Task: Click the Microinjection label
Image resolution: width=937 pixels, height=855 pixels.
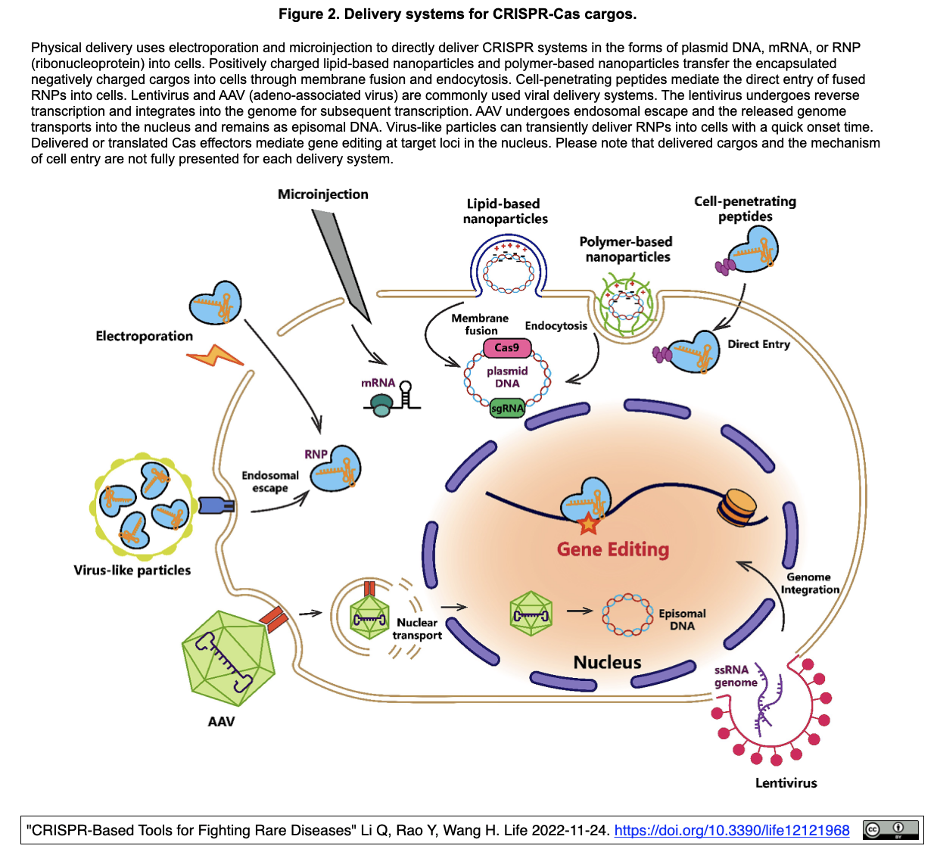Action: (x=322, y=194)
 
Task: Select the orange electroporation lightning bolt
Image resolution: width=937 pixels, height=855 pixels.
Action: (x=215, y=355)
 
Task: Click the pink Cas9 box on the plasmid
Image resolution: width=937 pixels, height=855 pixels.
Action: (x=507, y=348)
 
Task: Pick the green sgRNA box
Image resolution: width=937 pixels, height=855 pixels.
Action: (x=507, y=409)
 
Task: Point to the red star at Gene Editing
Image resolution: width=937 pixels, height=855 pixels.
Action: (x=588, y=521)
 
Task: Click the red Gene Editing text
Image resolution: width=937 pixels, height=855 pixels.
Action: (x=613, y=549)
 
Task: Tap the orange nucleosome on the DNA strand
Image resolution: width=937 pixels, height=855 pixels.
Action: (x=737, y=507)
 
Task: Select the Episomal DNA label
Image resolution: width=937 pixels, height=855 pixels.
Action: (x=682, y=620)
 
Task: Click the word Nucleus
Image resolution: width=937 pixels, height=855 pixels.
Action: (x=607, y=663)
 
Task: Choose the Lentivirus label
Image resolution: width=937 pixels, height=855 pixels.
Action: (x=786, y=783)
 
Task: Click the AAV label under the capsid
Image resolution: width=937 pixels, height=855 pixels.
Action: (x=221, y=722)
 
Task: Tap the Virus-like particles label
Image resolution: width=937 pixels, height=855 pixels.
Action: (x=132, y=571)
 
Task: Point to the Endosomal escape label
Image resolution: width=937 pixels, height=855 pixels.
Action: (x=270, y=482)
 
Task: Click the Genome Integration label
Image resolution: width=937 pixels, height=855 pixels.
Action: (x=810, y=583)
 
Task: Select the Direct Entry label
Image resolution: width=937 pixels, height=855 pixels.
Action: (x=758, y=344)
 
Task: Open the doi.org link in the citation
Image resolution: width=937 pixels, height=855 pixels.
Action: (x=731, y=831)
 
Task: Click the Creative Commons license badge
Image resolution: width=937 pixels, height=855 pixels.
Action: (x=891, y=830)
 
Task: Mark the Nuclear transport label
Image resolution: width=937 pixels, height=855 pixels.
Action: (x=417, y=629)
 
